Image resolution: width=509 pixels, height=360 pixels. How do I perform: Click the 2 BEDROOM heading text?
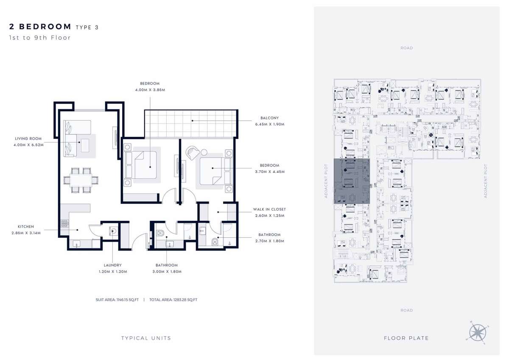pyautogui.click(x=40, y=27)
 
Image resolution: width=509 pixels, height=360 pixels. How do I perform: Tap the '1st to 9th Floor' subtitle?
pyautogui.click(x=40, y=37)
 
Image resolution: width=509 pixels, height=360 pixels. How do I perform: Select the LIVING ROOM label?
pyautogui.click(x=28, y=138)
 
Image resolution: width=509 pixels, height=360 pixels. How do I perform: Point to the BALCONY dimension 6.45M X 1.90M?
pyautogui.click(x=270, y=124)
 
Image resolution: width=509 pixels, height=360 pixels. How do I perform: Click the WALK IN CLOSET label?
pyautogui.click(x=269, y=209)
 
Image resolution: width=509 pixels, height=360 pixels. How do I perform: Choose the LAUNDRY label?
pyautogui.click(x=113, y=265)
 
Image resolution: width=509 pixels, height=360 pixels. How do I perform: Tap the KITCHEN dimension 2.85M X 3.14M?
pyautogui.click(x=26, y=233)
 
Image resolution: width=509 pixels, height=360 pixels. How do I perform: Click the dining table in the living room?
pyautogui.click(x=81, y=180)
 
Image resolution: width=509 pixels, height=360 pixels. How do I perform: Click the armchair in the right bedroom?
pyautogui.click(x=192, y=152)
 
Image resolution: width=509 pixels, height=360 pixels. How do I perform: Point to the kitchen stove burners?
pyautogui.click(x=64, y=224)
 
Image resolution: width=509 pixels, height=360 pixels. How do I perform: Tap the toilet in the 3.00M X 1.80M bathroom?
pyautogui.click(x=160, y=233)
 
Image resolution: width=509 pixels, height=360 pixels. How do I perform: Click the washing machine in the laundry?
pyautogui.click(x=114, y=231)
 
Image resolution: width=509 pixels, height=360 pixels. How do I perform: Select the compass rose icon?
pyautogui.click(x=478, y=332)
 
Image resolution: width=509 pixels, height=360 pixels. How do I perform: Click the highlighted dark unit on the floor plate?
pyautogui.click(x=352, y=181)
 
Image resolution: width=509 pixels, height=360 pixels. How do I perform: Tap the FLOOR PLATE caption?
pyautogui.click(x=406, y=338)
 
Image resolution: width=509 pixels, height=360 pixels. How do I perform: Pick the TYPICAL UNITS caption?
pyautogui.click(x=146, y=338)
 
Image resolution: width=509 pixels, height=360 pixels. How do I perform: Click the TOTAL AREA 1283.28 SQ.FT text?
pyautogui.click(x=173, y=300)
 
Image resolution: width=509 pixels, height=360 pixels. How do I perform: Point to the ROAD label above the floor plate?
pyautogui.click(x=406, y=48)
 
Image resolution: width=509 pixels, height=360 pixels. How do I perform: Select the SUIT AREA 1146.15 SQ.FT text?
pyautogui.click(x=117, y=300)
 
